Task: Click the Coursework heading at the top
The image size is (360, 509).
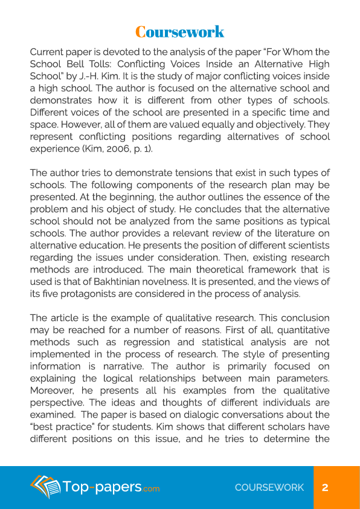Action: tap(179, 31)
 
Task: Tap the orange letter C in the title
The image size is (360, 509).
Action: tap(140, 31)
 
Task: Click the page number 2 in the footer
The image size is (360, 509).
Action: tap(325, 488)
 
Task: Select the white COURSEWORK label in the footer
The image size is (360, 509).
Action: tap(269, 488)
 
